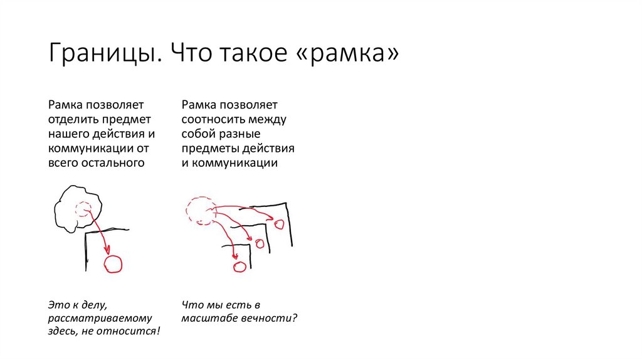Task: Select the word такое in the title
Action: [249, 55]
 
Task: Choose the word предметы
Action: [211, 148]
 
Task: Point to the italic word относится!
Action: [129, 331]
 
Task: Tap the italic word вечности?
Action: [271, 317]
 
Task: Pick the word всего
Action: [63, 162]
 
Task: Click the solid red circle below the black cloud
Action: [113, 264]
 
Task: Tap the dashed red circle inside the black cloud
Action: [83, 210]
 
